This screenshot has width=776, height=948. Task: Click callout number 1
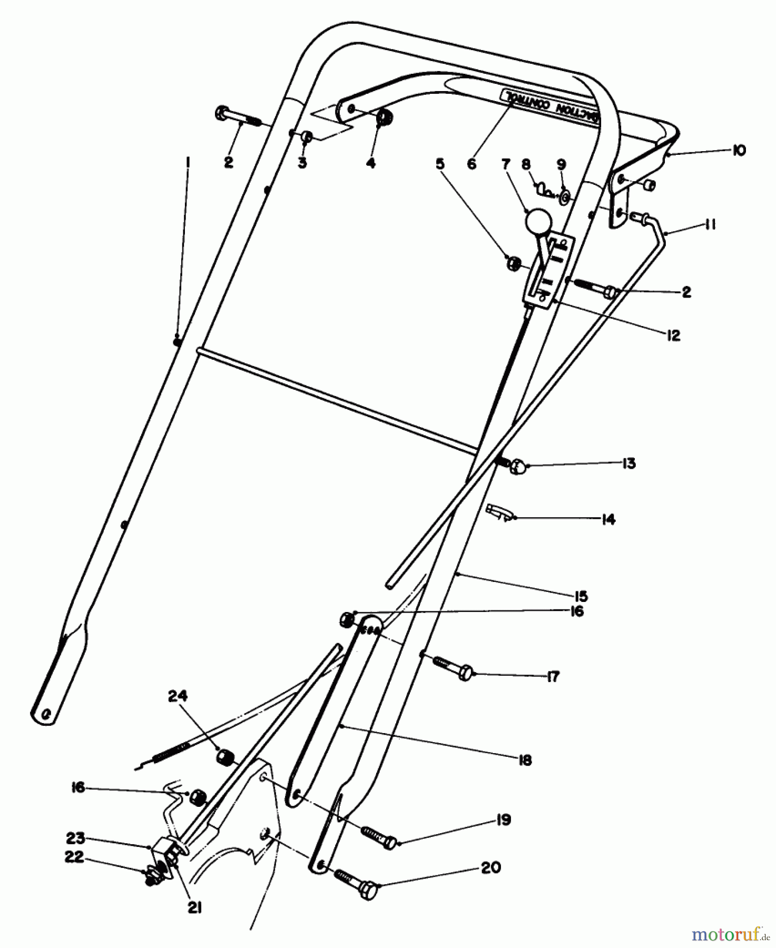[188, 163]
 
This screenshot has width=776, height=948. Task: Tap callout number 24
[178, 696]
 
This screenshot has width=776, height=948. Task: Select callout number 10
[738, 151]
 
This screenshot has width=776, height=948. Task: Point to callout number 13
[628, 463]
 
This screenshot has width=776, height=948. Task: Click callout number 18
[525, 761]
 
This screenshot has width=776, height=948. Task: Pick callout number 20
[491, 867]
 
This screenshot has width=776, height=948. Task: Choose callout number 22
[74, 857]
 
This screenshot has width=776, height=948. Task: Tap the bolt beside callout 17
[453, 667]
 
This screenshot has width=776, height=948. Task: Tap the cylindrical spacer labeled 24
[225, 758]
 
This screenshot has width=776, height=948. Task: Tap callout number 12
[673, 335]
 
